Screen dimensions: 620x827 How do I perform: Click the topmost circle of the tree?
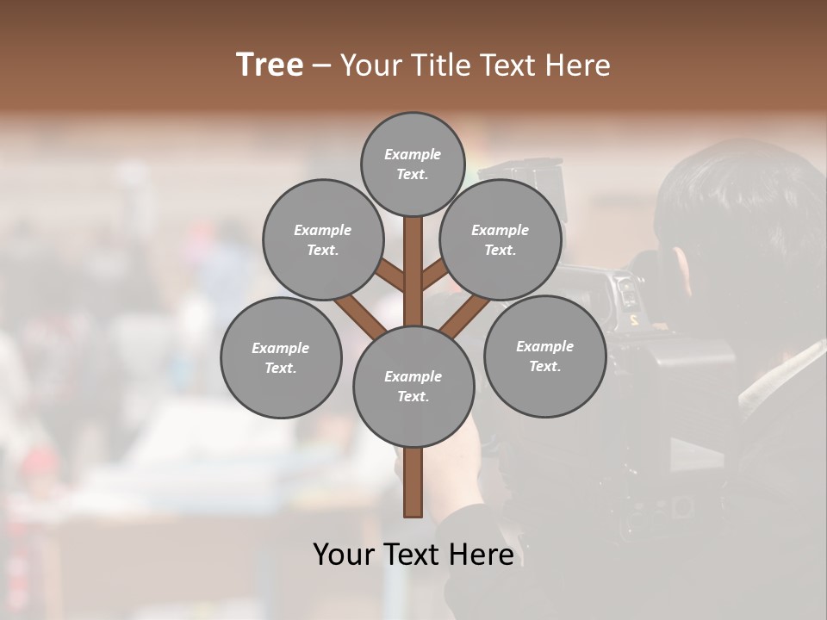coord(413,164)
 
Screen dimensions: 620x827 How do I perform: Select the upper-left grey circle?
coord(322,239)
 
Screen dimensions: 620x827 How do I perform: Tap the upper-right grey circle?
coord(501,239)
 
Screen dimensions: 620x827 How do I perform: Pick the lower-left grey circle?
coord(281,357)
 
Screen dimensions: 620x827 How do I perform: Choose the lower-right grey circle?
coord(544,356)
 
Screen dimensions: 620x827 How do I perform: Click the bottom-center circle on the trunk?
coord(413,387)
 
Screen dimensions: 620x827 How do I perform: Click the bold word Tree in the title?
coord(270,65)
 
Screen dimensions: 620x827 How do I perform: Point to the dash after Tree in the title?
coord(321,66)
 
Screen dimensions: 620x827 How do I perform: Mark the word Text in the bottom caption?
coord(413,555)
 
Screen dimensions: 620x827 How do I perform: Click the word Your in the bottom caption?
coord(343,555)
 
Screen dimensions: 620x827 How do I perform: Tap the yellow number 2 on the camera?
coord(634,319)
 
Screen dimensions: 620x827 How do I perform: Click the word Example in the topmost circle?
coord(413,154)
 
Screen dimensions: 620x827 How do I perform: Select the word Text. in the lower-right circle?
coord(544,366)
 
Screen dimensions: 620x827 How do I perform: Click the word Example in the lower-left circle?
coord(281,348)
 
